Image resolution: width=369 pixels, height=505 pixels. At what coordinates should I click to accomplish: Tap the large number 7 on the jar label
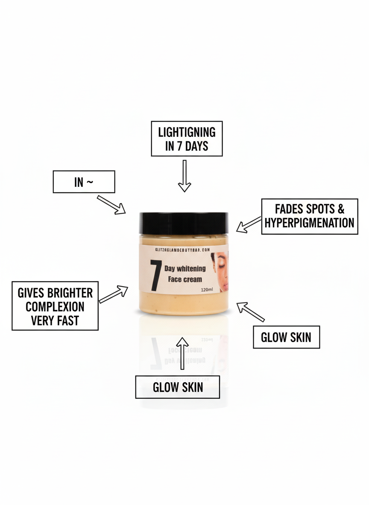click(x=155, y=276)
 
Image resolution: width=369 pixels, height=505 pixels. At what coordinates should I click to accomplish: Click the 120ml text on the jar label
click(x=207, y=290)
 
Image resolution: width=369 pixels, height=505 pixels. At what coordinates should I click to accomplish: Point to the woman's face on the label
click(x=221, y=272)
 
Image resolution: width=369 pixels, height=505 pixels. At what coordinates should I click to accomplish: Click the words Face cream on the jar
click(x=184, y=280)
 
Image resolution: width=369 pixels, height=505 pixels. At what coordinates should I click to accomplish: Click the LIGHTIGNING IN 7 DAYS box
click(x=187, y=139)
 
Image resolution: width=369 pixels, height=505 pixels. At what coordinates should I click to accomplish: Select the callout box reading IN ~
click(x=84, y=182)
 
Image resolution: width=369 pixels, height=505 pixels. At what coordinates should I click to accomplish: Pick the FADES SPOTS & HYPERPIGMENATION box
click(x=309, y=216)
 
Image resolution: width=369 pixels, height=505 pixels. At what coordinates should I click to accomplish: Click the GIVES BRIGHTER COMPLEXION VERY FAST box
click(x=55, y=306)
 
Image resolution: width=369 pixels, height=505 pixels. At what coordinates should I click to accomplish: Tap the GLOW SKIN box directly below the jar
click(x=178, y=387)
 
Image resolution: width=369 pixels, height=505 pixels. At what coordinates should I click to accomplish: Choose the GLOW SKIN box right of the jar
click(x=286, y=337)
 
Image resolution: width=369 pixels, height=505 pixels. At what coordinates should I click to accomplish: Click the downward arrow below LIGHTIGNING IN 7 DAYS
click(x=184, y=176)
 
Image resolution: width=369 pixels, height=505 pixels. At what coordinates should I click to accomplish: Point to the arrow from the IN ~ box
click(x=111, y=204)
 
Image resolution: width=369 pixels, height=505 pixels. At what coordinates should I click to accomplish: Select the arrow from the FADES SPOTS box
click(x=249, y=225)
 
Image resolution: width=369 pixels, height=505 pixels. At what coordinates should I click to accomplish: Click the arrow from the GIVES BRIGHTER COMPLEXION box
click(x=114, y=294)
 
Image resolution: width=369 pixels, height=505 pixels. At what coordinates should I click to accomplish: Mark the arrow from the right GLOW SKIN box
click(x=251, y=312)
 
